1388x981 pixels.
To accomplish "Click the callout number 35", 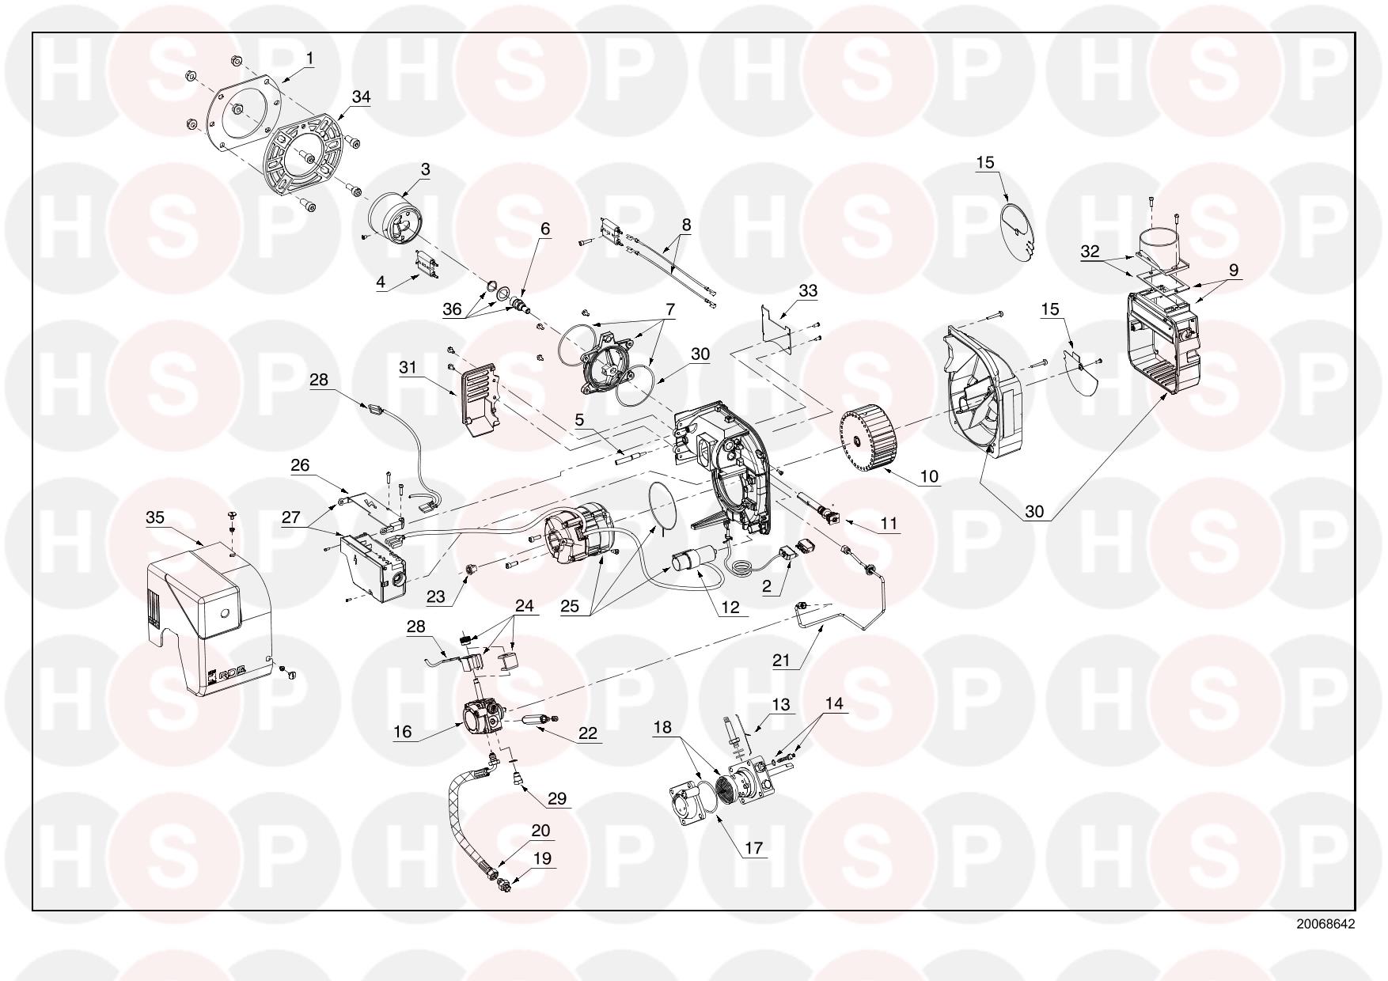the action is pyautogui.click(x=155, y=517).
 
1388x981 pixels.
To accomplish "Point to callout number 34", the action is pyautogui.click(x=361, y=97).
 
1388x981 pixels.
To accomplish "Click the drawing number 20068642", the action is pyautogui.click(x=1325, y=924).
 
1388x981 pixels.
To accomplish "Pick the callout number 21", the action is pyautogui.click(x=782, y=661).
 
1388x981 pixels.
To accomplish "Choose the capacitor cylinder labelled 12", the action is pyautogui.click(x=693, y=562).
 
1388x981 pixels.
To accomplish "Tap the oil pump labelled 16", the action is pyautogui.click(x=484, y=711).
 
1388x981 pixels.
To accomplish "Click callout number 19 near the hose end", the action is pyautogui.click(x=543, y=858).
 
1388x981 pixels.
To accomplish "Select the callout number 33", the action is pyautogui.click(x=808, y=291).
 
